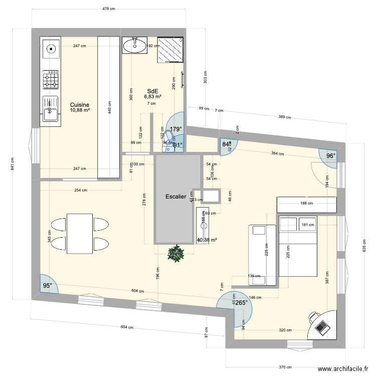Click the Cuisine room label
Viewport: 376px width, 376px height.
tap(80, 105)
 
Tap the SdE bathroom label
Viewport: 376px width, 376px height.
tap(152, 91)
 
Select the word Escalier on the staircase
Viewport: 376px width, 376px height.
tap(176, 197)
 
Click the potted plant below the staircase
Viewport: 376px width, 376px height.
tap(176, 254)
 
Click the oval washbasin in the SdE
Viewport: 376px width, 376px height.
tap(135, 46)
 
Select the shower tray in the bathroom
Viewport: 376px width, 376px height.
tap(171, 50)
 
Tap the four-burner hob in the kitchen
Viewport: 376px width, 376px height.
tap(51, 79)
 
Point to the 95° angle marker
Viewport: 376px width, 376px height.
tap(47, 286)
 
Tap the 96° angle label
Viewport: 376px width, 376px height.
tap(330, 156)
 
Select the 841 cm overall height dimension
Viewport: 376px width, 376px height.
tap(13, 168)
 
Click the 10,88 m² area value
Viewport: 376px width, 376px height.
tap(80, 110)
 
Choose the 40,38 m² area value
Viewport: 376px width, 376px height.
tap(207, 240)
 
